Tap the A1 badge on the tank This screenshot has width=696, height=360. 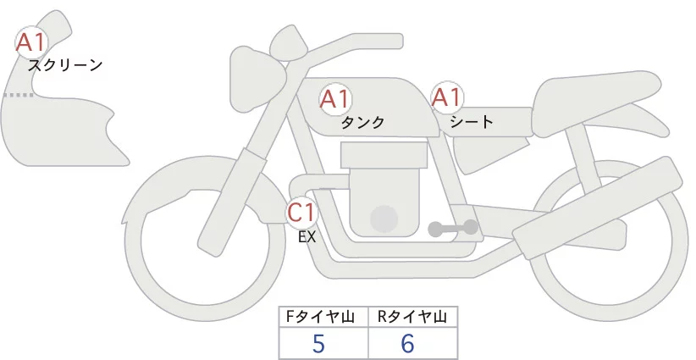coord(334,98)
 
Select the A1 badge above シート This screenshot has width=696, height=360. coord(446,97)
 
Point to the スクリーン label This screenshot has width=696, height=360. coord(65,64)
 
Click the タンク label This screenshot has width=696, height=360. coord(362,122)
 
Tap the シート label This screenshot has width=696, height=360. coord(472,121)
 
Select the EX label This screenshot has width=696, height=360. coord(307,237)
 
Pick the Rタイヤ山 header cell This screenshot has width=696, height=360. coord(413,316)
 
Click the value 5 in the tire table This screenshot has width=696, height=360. coord(318,344)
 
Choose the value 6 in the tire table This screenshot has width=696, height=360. coord(408,344)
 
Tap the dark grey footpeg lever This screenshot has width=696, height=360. coord(453,228)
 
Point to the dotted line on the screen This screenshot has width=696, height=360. coord(18,96)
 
